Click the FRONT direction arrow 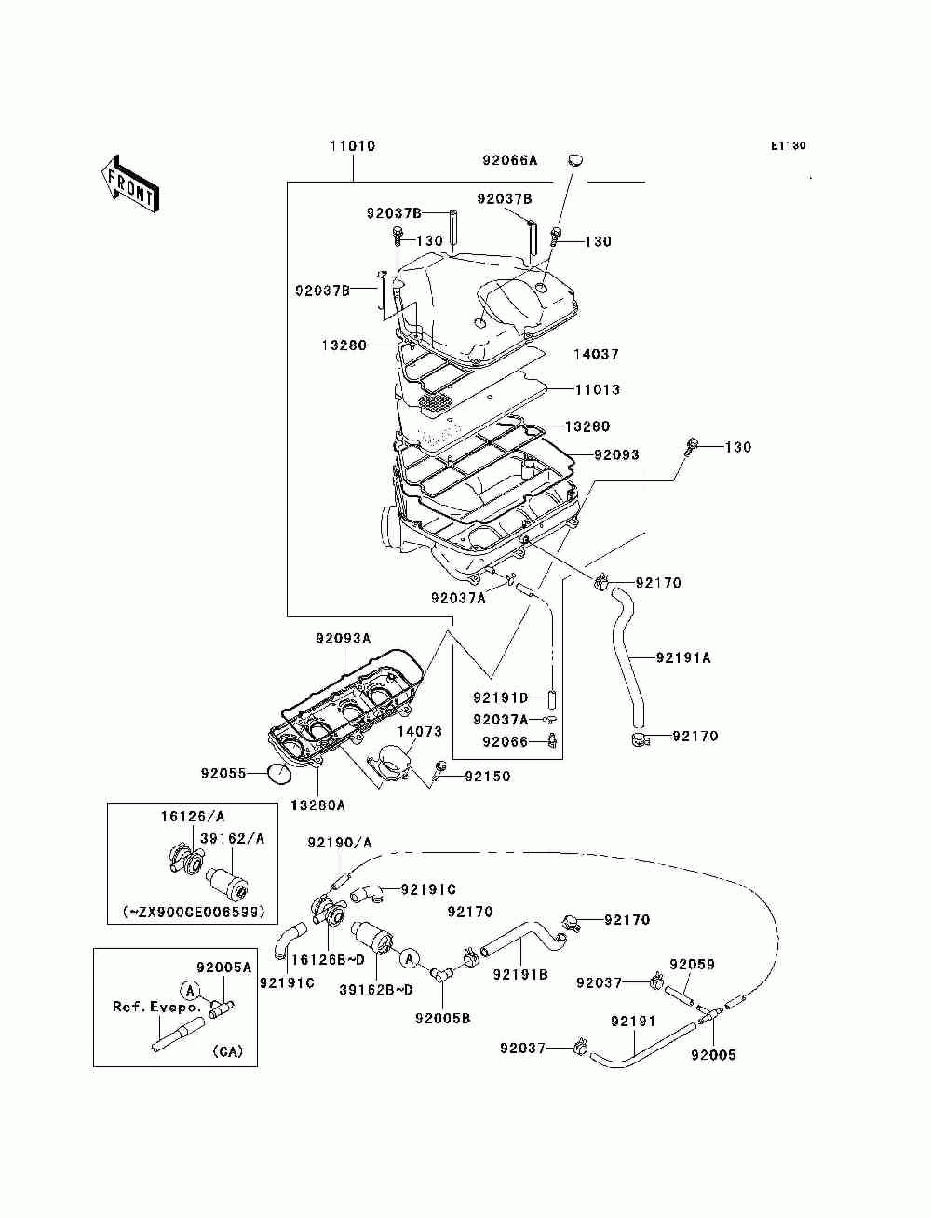tap(129, 184)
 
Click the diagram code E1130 tap(788, 146)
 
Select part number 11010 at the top tap(353, 146)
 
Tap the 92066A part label tap(510, 160)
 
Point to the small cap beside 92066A tap(575, 160)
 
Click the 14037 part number tap(597, 354)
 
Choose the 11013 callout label tap(598, 389)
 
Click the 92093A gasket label tap(344, 638)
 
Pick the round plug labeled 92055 tap(280, 773)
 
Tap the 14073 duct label tap(420, 731)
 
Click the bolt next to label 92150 tap(440, 771)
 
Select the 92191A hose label tap(683, 657)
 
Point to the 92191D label tap(501, 697)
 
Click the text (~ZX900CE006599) tap(193, 912)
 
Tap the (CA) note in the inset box tap(227, 1051)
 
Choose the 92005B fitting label tap(443, 1018)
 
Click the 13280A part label tap(317, 805)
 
